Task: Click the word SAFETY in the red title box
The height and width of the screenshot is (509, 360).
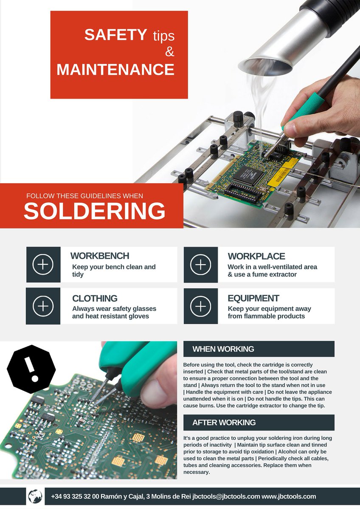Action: pyautogui.click(x=115, y=35)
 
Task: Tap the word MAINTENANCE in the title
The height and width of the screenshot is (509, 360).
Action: pyautogui.click(x=115, y=70)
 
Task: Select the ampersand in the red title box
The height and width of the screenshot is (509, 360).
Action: pyautogui.click(x=169, y=52)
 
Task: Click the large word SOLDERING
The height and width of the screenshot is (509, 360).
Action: pyautogui.click(x=94, y=211)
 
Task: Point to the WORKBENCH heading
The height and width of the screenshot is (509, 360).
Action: pyautogui.click(x=100, y=256)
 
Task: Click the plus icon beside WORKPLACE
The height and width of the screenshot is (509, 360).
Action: pyautogui.click(x=200, y=265)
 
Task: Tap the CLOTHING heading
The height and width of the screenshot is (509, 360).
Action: pyautogui.click(x=95, y=298)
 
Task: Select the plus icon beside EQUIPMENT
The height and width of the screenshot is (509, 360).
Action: pyautogui.click(x=200, y=306)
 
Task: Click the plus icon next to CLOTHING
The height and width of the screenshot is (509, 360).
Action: pyautogui.click(x=43, y=306)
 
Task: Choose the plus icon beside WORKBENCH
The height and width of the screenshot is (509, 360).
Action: pyautogui.click(x=43, y=265)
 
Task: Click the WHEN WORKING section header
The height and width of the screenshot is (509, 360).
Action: pyautogui.click(x=223, y=349)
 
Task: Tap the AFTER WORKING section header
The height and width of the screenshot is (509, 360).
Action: pyautogui.click(x=224, y=422)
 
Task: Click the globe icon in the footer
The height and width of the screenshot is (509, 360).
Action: pyautogui.click(x=35, y=496)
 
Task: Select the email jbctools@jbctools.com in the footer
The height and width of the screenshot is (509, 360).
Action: pyautogui.click(x=226, y=496)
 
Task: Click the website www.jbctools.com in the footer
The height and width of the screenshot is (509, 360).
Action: pyautogui.click(x=289, y=496)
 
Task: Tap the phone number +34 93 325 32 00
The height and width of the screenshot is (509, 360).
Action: pyautogui.click(x=75, y=496)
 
